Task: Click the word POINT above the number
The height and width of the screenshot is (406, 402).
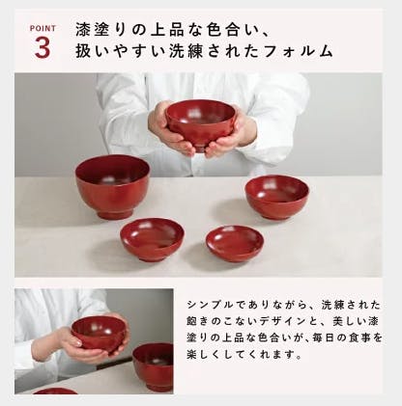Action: point(43,29)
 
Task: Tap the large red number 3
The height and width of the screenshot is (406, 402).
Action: point(43,47)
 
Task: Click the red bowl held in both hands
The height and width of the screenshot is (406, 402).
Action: point(200,124)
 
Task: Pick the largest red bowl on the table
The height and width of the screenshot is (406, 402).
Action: point(113,186)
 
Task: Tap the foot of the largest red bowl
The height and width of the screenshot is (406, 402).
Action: point(115,213)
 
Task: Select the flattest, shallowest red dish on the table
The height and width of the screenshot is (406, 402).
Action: point(235,243)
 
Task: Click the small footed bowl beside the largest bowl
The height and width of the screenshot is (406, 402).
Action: point(152,238)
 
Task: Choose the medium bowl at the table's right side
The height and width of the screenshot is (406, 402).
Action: point(277,197)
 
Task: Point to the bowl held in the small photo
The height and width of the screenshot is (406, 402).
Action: point(99,334)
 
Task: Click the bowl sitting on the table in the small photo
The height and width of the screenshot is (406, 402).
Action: point(154,366)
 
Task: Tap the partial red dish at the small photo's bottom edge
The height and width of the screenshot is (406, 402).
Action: point(55,391)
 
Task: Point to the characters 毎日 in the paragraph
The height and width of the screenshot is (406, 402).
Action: point(323,338)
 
